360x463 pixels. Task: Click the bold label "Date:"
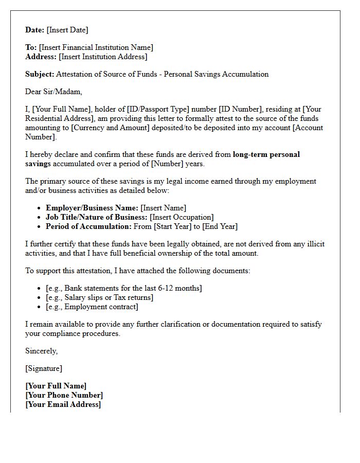[x=35, y=30]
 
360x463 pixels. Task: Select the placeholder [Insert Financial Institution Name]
[x=96, y=47]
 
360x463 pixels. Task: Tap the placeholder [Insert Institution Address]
[x=103, y=57]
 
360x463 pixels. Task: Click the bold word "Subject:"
[x=40, y=74]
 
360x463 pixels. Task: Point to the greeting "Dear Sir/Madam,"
[x=53, y=92]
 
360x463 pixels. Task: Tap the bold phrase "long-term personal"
[x=266, y=154]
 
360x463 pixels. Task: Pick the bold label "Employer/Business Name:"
[x=92, y=208]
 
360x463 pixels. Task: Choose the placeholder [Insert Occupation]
[x=182, y=217]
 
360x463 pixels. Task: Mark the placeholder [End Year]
[x=220, y=226]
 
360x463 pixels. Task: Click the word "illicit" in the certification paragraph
[x=313, y=244]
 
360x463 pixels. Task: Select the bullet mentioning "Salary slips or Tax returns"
[x=99, y=297]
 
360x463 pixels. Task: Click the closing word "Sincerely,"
[x=41, y=351]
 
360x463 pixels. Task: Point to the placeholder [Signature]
[x=43, y=368]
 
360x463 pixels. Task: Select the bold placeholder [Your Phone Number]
[x=64, y=395]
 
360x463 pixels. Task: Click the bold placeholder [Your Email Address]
[x=63, y=404]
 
